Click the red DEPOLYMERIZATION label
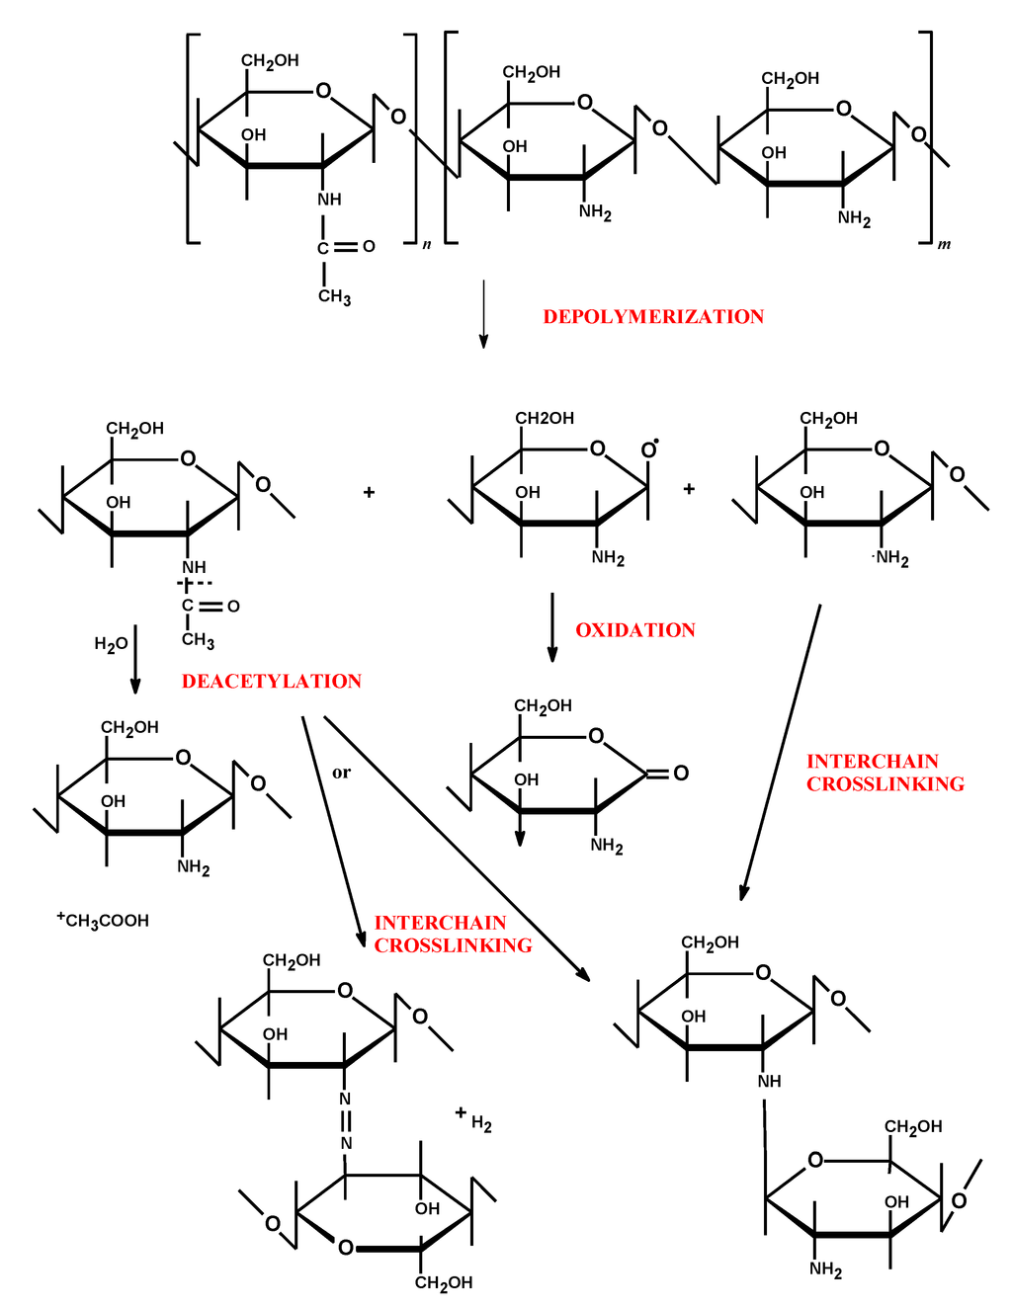click(x=653, y=317)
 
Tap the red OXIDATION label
click(x=635, y=630)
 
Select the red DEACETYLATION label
click(x=272, y=682)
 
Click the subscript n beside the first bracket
click(x=427, y=244)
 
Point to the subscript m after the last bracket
click(x=944, y=244)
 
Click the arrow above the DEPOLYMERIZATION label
click(x=483, y=314)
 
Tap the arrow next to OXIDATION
click(x=552, y=627)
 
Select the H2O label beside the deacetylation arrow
click(x=111, y=644)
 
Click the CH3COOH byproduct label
click(x=104, y=921)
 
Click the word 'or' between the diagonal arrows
click(x=341, y=773)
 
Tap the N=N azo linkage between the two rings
click(x=346, y=1121)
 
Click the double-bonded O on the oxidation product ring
click(x=681, y=773)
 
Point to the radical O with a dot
click(x=649, y=450)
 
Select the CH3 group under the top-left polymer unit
click(x=334, y=296)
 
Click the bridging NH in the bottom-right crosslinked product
click(x=769, y=1081)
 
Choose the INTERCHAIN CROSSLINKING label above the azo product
click(x=453, y=934)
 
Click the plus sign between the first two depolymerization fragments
click(x=369, y=492)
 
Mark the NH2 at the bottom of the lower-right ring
click(x=825, y=1268)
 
